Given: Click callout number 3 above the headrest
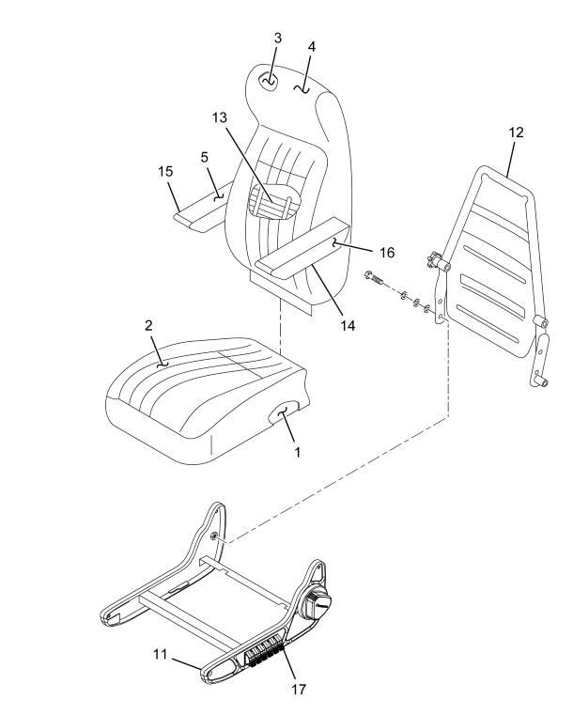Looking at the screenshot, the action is [x=278, y=39].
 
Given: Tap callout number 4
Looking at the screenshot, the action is [x=311, y=47].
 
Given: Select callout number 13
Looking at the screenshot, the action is [x=219, y=117].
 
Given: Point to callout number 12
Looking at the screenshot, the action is [x=516, y=132].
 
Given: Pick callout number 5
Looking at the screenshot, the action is [x=204, y=157].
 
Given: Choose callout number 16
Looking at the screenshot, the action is [x=387, y=253].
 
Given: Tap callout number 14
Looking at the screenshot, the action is [x=348, y=326].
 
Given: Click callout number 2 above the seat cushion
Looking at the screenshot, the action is [x=148, y=326].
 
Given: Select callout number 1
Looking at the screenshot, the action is [x=297, y=452].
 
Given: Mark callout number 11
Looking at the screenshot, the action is [x=160, y=654].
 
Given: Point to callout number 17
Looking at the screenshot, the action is [x=299, y=690].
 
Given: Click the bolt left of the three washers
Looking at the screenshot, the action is [x=374, y=278].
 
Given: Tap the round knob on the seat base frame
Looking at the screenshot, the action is [x=315, y=602].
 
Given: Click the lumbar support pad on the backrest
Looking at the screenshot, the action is [x=274, y=202].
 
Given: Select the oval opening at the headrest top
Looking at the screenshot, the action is [x=269, y=82].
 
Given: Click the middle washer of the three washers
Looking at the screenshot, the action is [x=416, y=303].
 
